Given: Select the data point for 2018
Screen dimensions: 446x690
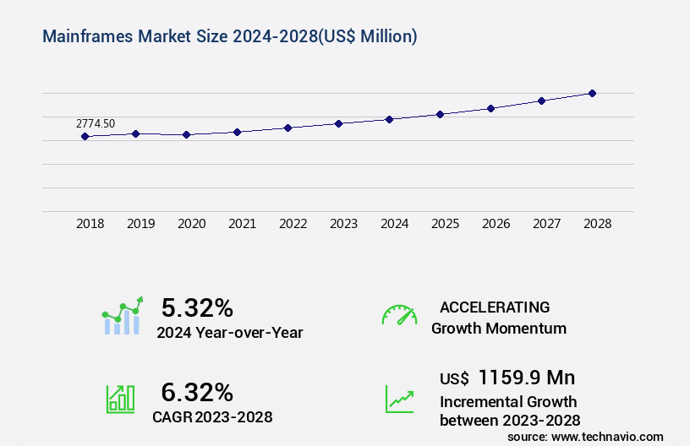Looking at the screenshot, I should pos(85,136).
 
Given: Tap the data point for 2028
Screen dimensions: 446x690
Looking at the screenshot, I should pos(592,93).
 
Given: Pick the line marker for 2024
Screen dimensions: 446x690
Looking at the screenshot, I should pos(389,119).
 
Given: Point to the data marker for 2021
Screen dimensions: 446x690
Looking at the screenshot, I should pos(237,132).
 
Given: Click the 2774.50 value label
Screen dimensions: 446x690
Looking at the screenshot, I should pos(96,123).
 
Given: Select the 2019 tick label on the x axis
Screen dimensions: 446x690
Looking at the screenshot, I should pos(140,224).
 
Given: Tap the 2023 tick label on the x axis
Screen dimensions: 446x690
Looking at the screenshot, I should pos(343,224).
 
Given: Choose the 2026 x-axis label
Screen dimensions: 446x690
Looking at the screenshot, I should pos(496,224).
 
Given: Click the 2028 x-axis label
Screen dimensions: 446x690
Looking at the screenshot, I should pos(597,224).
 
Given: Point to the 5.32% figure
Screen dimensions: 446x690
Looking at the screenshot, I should pos(197,307).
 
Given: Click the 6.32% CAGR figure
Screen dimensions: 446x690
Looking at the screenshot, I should pos(197,392).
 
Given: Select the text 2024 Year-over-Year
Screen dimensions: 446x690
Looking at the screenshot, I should pos(229,332).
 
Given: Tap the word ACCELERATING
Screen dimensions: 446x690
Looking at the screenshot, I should pos(495,307).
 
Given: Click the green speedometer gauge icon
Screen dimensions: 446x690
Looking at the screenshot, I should pos(399,315).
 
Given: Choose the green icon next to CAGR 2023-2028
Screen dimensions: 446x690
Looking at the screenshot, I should pos(120,399).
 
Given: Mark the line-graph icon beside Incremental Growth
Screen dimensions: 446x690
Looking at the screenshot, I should pos(399,399).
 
